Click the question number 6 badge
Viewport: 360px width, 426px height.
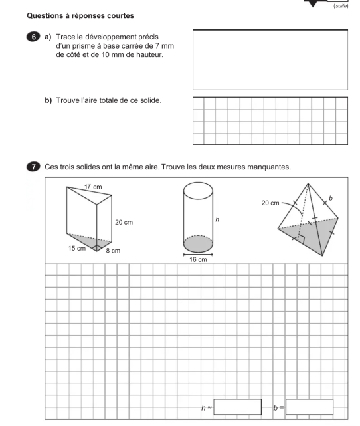[33, 37]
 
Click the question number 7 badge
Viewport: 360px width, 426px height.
[33, 167]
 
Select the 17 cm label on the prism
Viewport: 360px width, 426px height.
[93, 187]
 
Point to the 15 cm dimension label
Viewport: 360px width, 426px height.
[77, 248]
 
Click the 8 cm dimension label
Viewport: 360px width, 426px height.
[113, 251]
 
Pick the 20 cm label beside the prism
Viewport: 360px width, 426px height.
[124, 222]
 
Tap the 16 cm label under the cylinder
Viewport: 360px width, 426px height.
[198, 259]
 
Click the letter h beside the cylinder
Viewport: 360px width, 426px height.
[217, 219]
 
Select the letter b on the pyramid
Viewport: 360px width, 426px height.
[330, 198]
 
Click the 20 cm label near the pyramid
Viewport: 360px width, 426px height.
[270, 203]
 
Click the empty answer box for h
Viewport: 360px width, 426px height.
[238, 407]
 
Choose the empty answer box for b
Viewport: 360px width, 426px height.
[310, 407]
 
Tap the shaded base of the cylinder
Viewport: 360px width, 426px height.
[198, 244]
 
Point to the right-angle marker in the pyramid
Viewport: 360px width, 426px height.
[301, 239]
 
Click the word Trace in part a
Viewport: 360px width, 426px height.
[66, 37]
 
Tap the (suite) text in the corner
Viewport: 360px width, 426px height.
[341, 6]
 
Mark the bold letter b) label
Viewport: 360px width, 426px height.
[48, 100]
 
